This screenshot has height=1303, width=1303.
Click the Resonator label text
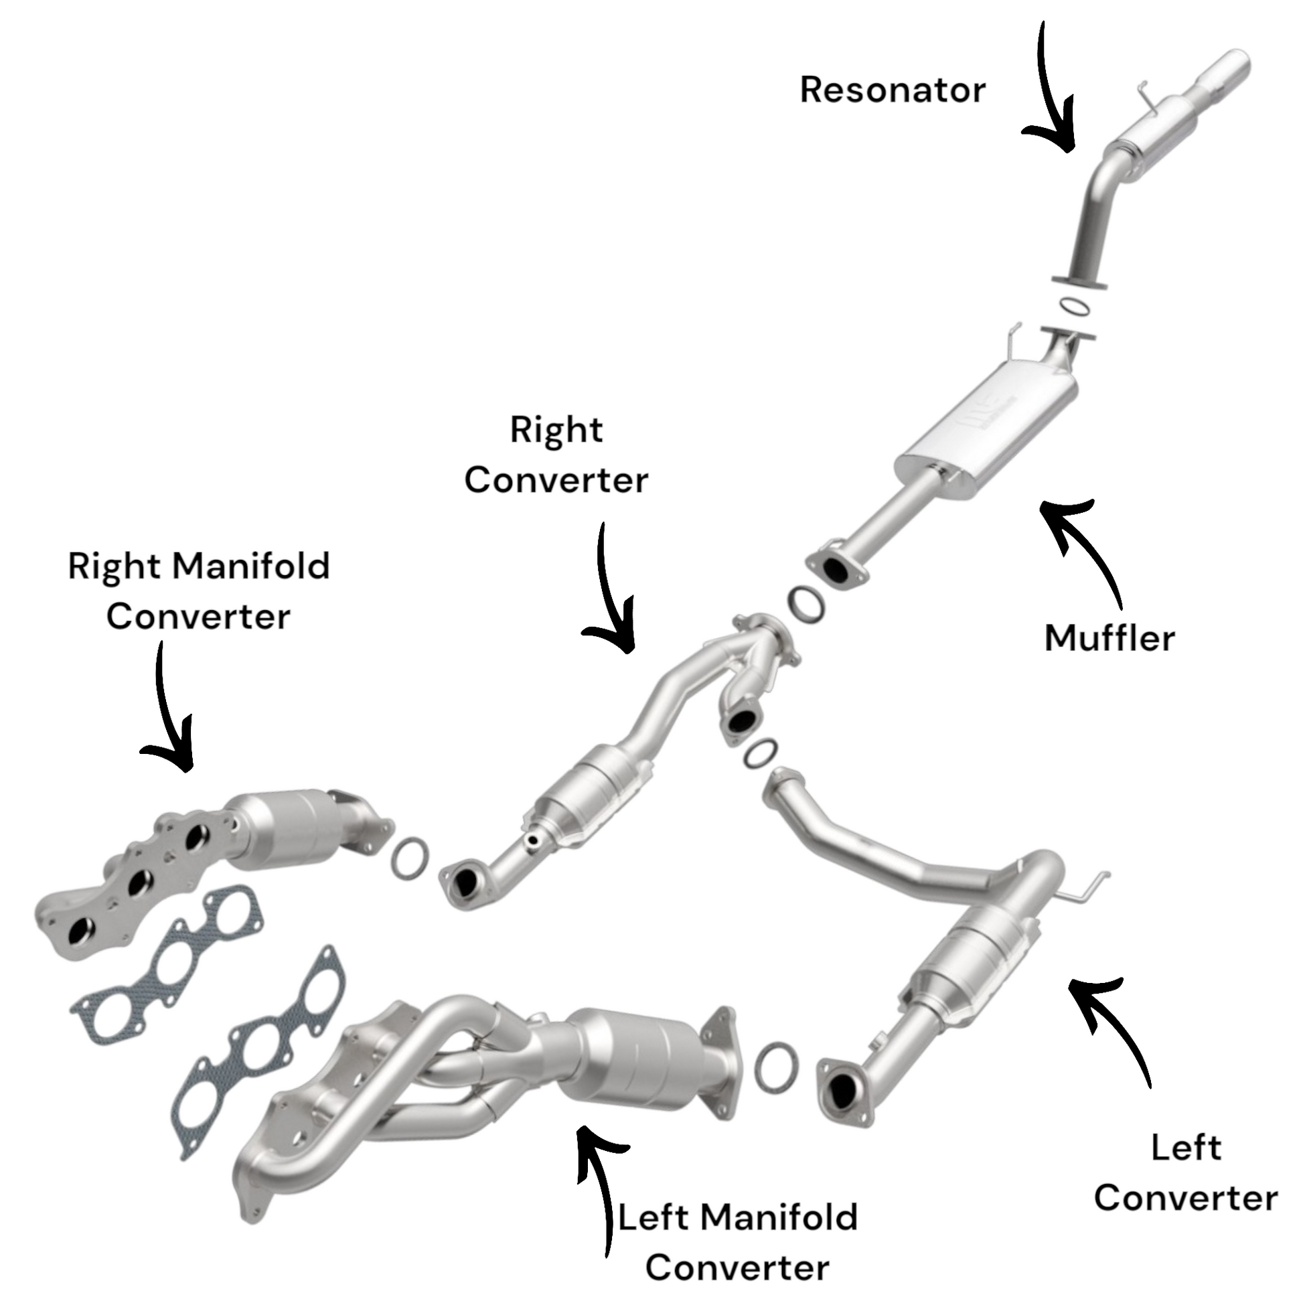click(x=893, y=90)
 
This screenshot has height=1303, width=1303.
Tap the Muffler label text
click(x=1109, y=638)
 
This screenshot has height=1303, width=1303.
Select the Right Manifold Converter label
click(x=199, y=591)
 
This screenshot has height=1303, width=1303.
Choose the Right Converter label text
click(x=556, y=455)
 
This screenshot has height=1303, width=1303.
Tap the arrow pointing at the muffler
click(x=1086, y=546)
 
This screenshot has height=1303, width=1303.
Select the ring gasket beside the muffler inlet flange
click(x=805, y=603)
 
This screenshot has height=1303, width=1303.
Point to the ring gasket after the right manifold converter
click(x=408, y=858)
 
